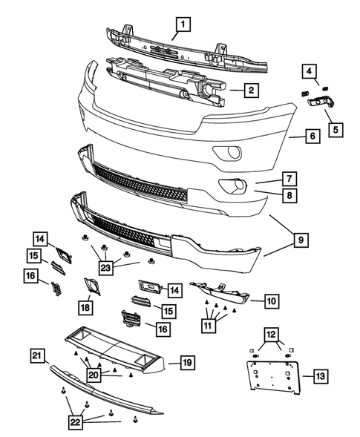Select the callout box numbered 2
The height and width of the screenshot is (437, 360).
(x=252, y=91)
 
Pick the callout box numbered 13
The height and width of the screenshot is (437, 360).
(x=318, y=375)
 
